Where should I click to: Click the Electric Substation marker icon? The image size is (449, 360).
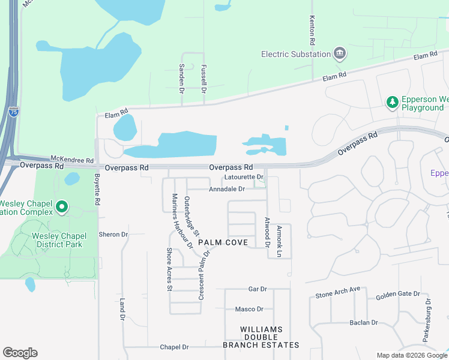(340, 54)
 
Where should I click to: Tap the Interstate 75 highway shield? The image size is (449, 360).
(14, 112)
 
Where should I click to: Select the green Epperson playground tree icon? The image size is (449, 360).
(392, 103)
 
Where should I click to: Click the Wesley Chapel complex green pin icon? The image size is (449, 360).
(61, 208)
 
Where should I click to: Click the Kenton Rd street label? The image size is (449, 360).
(312, 31)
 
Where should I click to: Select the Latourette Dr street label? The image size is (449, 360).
(244, 177)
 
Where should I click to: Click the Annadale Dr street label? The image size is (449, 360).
(227, 189)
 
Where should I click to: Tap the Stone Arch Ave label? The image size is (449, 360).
(338, 293)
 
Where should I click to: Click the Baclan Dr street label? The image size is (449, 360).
(364, 323)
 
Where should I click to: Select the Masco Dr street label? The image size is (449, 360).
(249, 309)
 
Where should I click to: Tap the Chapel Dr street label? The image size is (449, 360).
(174, 347)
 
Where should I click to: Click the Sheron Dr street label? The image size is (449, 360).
(113, 235)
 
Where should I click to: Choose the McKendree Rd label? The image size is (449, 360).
(72, 161)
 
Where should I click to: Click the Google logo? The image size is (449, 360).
(20, 353)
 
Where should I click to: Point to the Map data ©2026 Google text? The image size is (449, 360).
(411, 355)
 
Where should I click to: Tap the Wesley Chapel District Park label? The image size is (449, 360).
(59, 239)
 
